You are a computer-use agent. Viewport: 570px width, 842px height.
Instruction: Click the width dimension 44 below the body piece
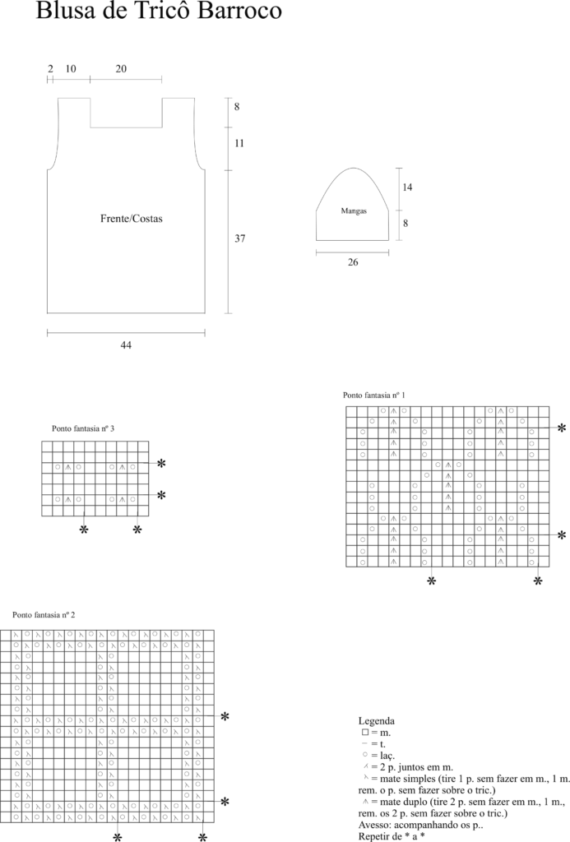coord(126,345)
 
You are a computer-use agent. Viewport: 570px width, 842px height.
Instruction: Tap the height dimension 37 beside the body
coord(240,238)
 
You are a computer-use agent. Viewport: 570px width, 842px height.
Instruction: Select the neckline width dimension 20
coord(121,69)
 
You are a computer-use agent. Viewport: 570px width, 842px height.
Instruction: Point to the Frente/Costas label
coord(132,219)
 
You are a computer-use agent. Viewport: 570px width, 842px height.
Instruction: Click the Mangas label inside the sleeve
coord(354,211)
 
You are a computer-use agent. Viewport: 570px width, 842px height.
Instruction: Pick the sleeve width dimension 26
coord(353,263)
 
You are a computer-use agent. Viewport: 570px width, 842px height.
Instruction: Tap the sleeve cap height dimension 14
coord(407,187)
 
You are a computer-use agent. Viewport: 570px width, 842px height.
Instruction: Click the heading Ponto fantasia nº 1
coord(374,396)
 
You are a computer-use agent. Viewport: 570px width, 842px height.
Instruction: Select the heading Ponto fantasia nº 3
coord(83,428)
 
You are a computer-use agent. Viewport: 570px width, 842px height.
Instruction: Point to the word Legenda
coord(377,720)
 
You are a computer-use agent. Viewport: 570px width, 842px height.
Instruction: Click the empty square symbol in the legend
coord(364,732)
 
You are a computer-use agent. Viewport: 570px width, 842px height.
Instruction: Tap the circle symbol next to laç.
coord(364,755)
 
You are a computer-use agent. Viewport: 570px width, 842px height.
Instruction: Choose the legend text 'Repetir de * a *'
coord(392,835)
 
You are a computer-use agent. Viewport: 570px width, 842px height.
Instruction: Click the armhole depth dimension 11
coord(239,143)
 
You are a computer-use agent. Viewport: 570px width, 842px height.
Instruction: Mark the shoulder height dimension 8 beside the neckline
coord(237,107)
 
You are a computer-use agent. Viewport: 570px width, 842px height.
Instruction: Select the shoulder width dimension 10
coord(71,69)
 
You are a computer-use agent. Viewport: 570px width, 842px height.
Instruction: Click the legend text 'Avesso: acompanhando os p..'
coord(420,824)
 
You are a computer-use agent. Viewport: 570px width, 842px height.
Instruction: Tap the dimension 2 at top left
coord(50,69)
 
